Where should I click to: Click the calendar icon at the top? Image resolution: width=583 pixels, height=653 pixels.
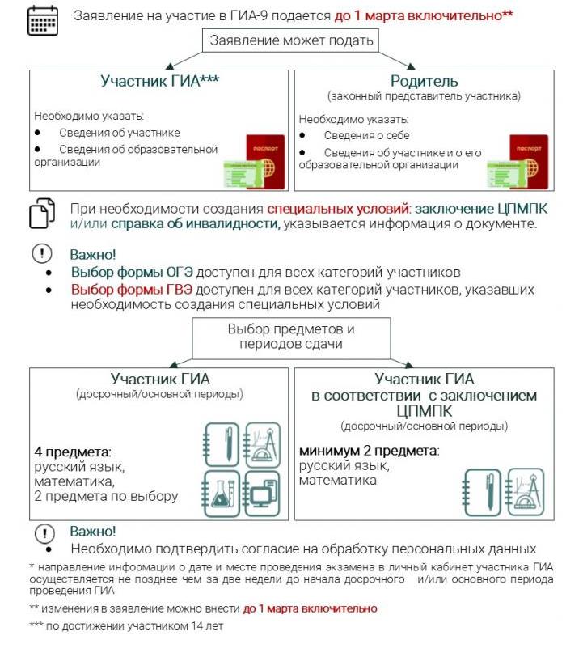click(x=42, y=19)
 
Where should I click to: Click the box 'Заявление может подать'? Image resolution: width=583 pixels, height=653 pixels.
click(x=291, y=40)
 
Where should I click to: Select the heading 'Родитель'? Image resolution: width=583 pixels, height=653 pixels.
click(x=424, y=81)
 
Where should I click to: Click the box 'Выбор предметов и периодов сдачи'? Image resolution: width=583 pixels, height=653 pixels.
click(x=291, y=337)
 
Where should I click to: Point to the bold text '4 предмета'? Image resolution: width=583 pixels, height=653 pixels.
click(x=71, y=451)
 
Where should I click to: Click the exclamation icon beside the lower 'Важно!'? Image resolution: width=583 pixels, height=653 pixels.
click(x=42, y=532)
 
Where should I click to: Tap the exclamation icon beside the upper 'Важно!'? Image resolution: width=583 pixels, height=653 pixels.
click(x=42, y=253)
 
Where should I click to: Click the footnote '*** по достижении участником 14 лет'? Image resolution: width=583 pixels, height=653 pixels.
click(x=125, y=625)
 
